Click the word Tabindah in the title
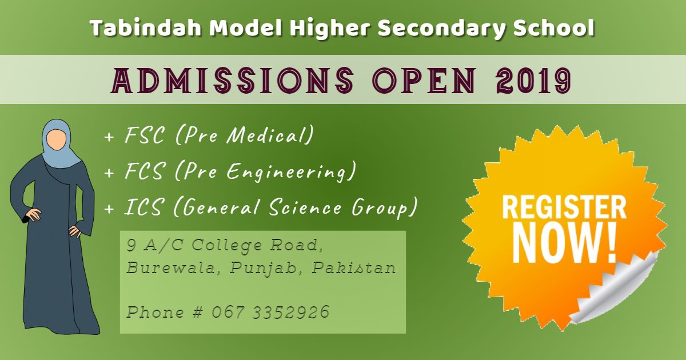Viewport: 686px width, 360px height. (146, 27)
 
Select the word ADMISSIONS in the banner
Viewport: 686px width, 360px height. (233, 80)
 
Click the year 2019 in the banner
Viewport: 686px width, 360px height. (533, 80)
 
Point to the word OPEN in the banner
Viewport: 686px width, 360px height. (424, 80)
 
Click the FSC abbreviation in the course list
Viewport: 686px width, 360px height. (145, 135)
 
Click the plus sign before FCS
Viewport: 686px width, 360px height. (109, 173)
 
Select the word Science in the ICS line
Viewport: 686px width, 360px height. (305, 207)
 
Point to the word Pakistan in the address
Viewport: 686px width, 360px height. (354, 268)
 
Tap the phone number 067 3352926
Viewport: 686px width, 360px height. (270, 312)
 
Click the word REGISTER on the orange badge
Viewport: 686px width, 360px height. (564, 207)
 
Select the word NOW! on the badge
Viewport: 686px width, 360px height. (564, 243)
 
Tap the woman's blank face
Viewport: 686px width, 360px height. (57, 140)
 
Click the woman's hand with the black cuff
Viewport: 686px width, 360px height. (31, 215)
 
